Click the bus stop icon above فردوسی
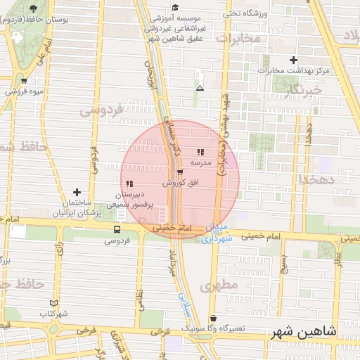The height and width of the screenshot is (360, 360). coord(116,229)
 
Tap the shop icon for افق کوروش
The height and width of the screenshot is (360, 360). coord(180,171)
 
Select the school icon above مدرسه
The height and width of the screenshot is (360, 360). coord(200,151)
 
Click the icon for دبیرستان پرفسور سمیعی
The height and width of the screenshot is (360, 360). coord(129,183)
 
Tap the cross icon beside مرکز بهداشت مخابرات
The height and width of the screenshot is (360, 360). coord(293,60)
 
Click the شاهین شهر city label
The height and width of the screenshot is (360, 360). coord(303,331)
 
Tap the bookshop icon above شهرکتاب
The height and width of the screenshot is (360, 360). coord(49,303)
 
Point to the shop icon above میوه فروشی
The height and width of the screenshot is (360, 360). coord(25,80)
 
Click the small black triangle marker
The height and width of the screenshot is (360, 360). coord(200,89)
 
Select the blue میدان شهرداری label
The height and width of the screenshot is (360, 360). coord(216,234)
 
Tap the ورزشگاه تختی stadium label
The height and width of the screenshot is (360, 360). coord(245,13)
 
